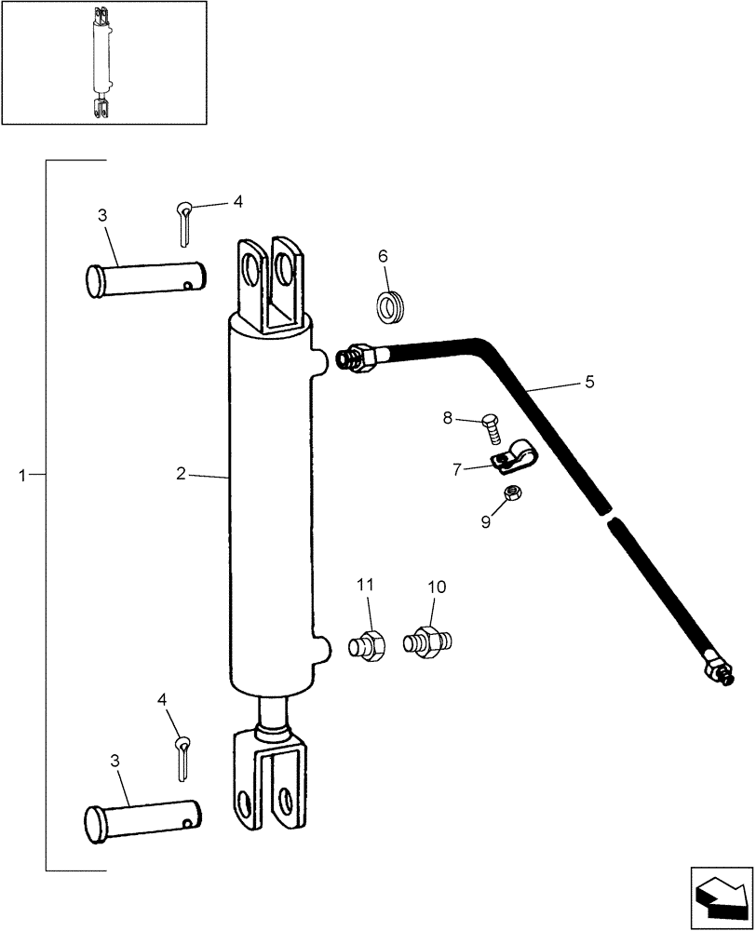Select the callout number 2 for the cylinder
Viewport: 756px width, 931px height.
tap(181, 474)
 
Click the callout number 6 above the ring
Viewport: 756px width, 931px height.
tap(383, 256)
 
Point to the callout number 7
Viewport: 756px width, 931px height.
tap(457, 470)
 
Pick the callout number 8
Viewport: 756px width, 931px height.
tap(449, 418)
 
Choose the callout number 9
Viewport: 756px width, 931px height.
tap(486, 522)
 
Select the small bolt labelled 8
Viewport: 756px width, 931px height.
tap(492, 429)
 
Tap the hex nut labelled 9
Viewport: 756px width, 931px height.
tap(511, 494)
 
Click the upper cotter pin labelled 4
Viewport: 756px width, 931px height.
tap(185, 224)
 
